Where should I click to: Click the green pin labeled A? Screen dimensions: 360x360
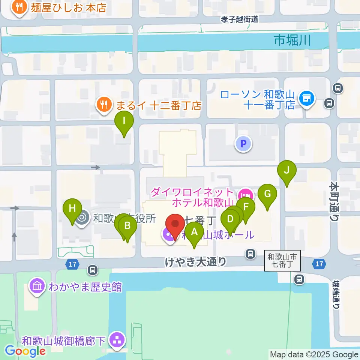[194, 232]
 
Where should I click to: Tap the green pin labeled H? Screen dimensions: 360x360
[72, 208]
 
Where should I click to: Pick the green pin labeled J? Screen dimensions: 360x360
[287, 171]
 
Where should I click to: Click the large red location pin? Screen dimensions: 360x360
[175, 224]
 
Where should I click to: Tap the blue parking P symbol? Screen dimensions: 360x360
[243, 144]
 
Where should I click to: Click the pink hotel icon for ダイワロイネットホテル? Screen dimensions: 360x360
[246, 195]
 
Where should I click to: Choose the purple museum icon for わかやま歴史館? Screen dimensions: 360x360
[37, 286]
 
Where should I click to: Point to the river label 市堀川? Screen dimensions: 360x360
[292, 40]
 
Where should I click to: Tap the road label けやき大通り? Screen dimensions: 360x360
[196, 261]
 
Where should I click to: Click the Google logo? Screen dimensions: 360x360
[25, 351]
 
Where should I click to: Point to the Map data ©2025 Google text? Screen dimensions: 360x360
[314, 354]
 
